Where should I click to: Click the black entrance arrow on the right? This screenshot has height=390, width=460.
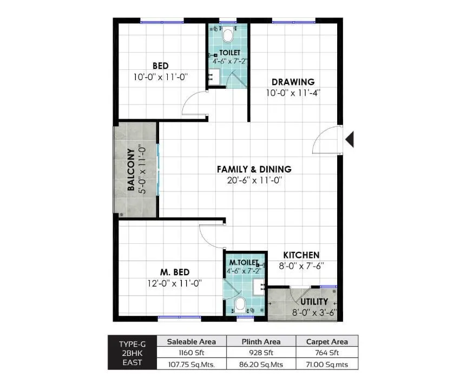(350, 139)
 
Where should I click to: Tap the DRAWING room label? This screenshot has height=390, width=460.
(293, 82)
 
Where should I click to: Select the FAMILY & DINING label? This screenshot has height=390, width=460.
(254, 169)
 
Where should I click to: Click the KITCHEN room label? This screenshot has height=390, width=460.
(301, 255)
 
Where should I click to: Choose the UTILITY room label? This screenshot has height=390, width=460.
(314, 302)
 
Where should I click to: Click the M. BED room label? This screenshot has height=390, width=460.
(174, 272)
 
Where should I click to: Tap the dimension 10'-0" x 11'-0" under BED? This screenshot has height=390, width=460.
(160, 77)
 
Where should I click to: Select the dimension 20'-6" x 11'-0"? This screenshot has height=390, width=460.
(254, 180)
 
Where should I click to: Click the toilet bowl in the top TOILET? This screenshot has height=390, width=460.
(228, 36)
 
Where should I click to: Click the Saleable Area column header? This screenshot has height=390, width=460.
(191, 341)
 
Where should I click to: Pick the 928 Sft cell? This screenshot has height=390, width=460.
(260, 353)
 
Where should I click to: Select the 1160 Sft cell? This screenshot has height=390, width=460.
(191, 353)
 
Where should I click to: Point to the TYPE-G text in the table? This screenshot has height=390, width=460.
(132, 343)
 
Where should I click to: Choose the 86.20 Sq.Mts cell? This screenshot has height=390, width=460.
(260, 365)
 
